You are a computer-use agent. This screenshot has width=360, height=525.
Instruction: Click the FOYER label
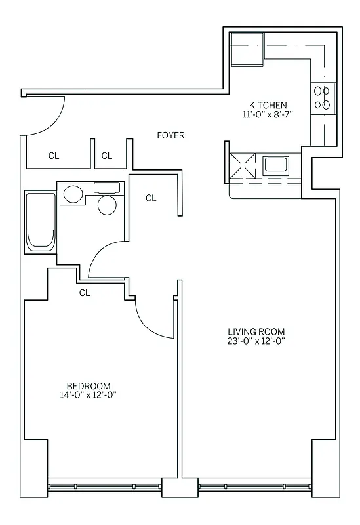(170, 135)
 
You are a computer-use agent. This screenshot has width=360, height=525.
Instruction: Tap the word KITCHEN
(268, 105)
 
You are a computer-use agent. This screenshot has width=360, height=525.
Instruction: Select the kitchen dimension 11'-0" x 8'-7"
(268, 114)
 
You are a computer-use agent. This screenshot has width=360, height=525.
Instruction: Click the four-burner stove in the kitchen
(323, 98)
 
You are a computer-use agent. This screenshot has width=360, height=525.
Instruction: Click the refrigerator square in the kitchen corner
(247, 50)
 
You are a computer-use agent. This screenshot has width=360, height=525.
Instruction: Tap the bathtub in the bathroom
(40, 222)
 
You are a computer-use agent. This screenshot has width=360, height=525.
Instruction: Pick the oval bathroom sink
(73, 194)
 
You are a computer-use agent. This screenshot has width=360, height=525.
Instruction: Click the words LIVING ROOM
(256, 331)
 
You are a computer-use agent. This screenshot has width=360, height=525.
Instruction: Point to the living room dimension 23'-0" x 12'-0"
(256, 341)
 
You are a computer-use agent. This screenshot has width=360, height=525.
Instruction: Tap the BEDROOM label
(89, 386)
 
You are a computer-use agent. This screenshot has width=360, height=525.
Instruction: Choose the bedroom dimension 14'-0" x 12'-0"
(89, 395)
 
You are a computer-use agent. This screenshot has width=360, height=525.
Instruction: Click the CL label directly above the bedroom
(85, 293)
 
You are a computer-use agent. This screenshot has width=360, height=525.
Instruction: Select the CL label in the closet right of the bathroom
(151, 198)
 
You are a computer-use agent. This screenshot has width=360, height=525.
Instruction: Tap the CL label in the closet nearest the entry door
(54, 156)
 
